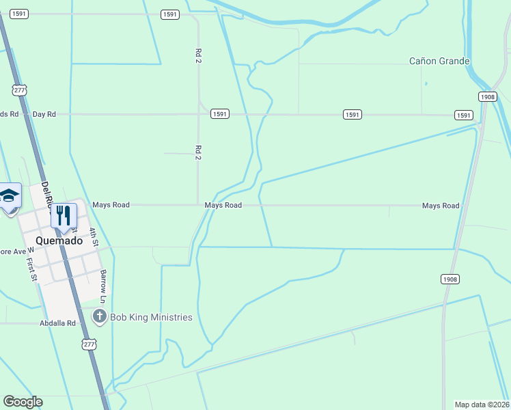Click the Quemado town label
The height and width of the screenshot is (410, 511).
(59, 241)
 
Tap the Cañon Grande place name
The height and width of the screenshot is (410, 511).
(439, 61)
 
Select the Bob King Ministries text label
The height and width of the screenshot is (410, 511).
(151, 317)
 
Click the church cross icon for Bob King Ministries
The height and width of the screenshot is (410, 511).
(100, 316)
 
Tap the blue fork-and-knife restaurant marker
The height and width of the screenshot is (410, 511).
(64, 217)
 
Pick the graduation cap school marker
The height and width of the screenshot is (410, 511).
(9, 196)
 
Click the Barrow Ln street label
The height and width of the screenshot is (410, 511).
(103, 286)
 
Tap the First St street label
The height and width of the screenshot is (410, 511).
(31, 269)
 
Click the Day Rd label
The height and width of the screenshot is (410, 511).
(44, 114)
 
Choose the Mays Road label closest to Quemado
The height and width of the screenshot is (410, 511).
(111, 204)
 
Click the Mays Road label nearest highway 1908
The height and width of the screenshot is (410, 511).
(441, 206)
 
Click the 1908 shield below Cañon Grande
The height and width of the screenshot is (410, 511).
(487, 97)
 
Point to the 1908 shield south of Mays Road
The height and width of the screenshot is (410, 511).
(450, 279)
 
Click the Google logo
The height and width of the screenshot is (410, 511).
(23, 402)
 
